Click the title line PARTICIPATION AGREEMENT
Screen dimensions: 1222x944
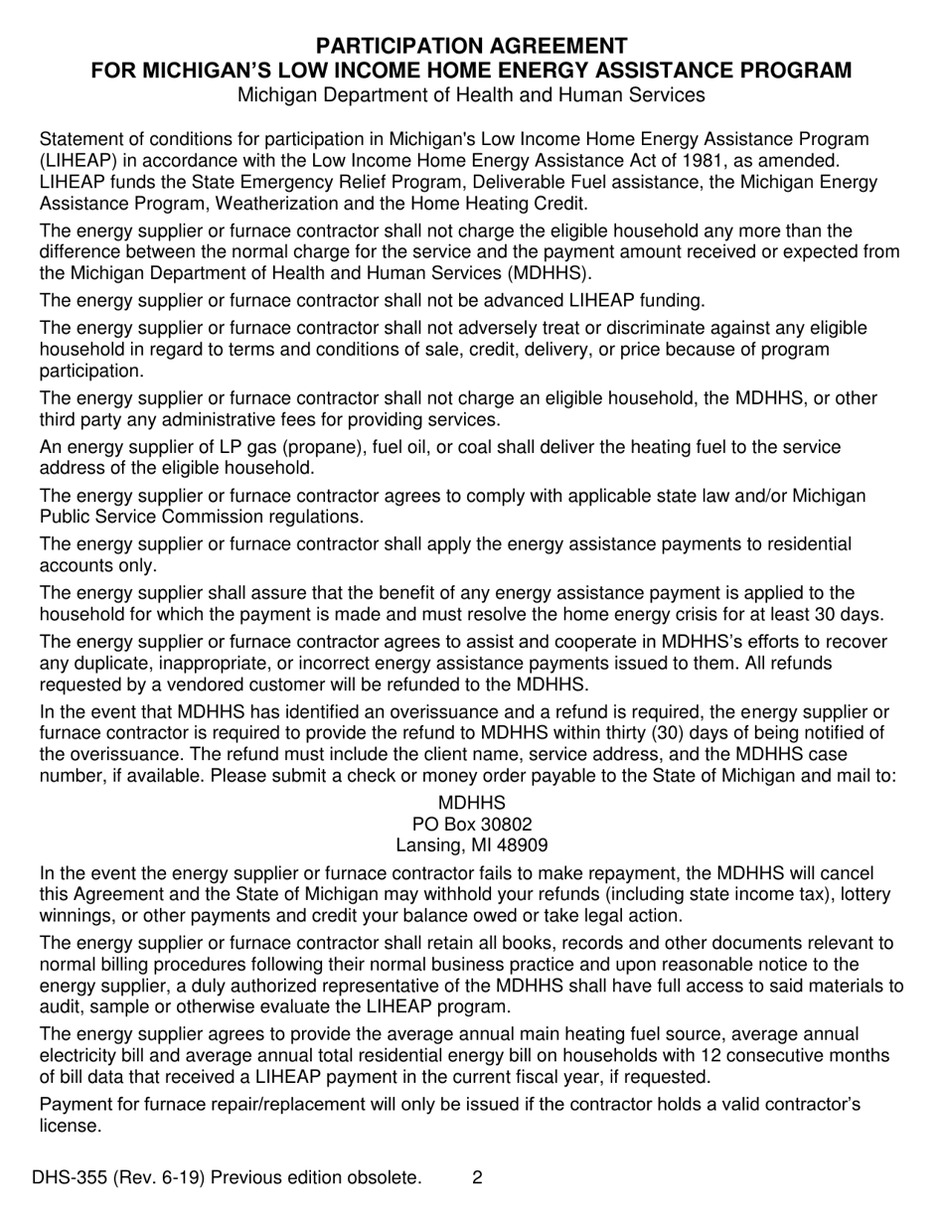[471, 46]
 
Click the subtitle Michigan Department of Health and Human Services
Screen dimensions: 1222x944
[471, 95]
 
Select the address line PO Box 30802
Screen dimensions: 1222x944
[471, 824]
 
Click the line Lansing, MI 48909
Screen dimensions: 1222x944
[471, 845]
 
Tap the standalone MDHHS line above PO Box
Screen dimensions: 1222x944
[471, 802]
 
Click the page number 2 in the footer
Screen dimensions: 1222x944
[477, 1178]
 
